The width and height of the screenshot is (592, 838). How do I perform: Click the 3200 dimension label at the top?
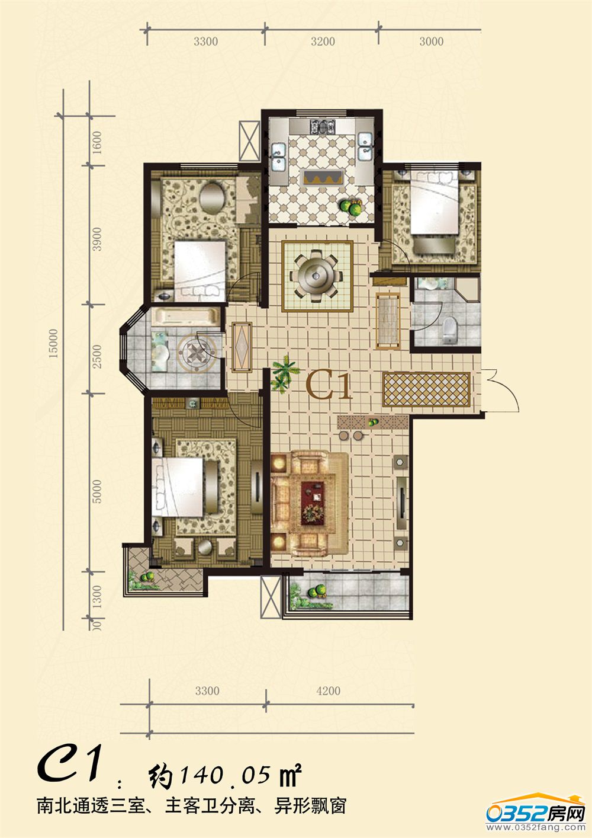point(323,41)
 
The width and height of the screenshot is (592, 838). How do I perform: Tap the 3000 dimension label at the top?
point(432,41)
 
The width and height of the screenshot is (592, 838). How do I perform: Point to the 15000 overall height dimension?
point(54,343)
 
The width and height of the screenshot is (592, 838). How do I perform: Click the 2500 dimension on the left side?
point(97,356)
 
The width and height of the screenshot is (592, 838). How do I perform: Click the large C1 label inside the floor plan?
point(329,386)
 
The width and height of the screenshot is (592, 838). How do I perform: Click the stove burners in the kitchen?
point(323,126)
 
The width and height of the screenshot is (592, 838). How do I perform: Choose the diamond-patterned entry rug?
point(426,389)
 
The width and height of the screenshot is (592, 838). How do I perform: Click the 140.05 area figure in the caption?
point(226,775)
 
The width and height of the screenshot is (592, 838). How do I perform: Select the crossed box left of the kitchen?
point(249,142)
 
